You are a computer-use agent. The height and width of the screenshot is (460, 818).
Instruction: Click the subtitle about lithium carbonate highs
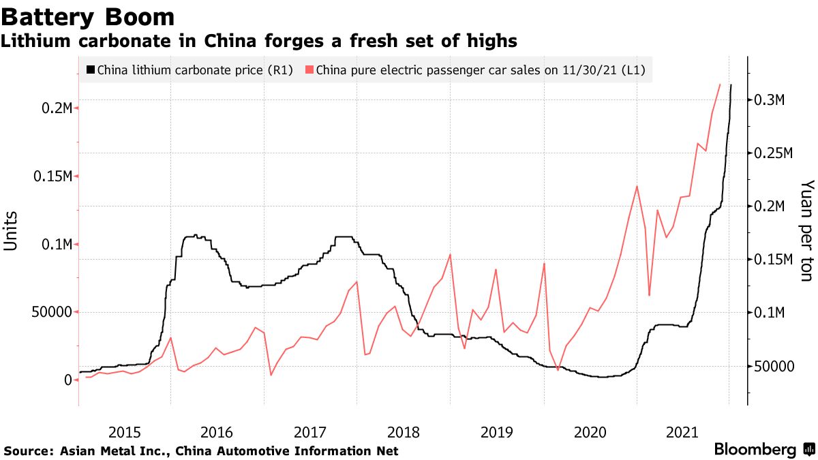point(258,42)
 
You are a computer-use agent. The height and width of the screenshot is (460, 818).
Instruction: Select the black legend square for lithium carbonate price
point(91,70)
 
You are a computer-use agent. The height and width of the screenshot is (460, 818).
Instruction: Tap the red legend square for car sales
point(310,70)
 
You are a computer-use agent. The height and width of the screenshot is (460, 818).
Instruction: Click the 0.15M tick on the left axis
point(52,177)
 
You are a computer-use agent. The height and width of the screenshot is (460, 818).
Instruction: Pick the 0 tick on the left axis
point(67,380)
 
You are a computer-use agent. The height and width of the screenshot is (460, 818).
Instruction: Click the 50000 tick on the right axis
point(774,366)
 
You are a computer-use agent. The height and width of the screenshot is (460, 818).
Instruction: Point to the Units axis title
point(12,231)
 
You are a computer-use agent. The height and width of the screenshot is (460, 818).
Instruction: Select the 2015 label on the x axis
point(125,432)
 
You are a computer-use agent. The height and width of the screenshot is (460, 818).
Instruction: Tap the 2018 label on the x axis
point(404,432)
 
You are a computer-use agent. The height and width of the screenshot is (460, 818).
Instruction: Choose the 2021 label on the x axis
point(682,432)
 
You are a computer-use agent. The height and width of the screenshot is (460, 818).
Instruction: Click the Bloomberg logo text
point(755,450)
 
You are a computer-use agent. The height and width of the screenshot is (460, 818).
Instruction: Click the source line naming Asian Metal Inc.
point(201,451)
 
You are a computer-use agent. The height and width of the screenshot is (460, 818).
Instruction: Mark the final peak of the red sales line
point(720,85)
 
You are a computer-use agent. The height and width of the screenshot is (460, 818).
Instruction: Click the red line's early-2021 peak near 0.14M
point(636,186)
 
